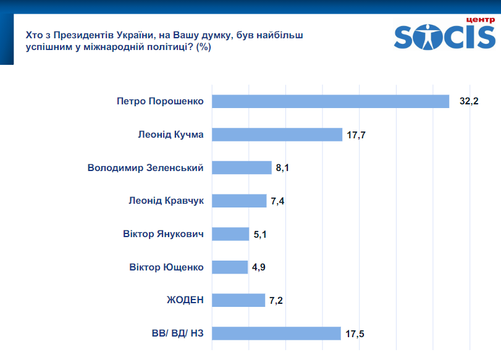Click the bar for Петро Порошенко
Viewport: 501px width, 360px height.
[x=330, y=101]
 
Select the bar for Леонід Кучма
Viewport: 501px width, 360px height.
[x=277, y=135]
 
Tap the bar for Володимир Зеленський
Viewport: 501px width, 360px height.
[x=242, y=168]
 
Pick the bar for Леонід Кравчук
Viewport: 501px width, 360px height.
[x=240, y=201]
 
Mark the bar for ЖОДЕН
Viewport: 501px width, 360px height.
[x=238, y=300]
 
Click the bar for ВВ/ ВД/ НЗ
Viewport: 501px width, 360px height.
[x=276, y=333]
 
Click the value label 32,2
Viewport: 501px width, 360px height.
[x=469, y=101]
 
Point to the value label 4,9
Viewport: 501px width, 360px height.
[x=259, y=267]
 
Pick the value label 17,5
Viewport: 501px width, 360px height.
[x=355, y=333]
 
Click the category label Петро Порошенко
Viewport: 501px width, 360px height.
[x=160, y=101]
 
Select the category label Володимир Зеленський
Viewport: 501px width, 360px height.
[x=146, y=168]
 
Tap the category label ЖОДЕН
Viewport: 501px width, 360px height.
[x=185, y=300]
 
